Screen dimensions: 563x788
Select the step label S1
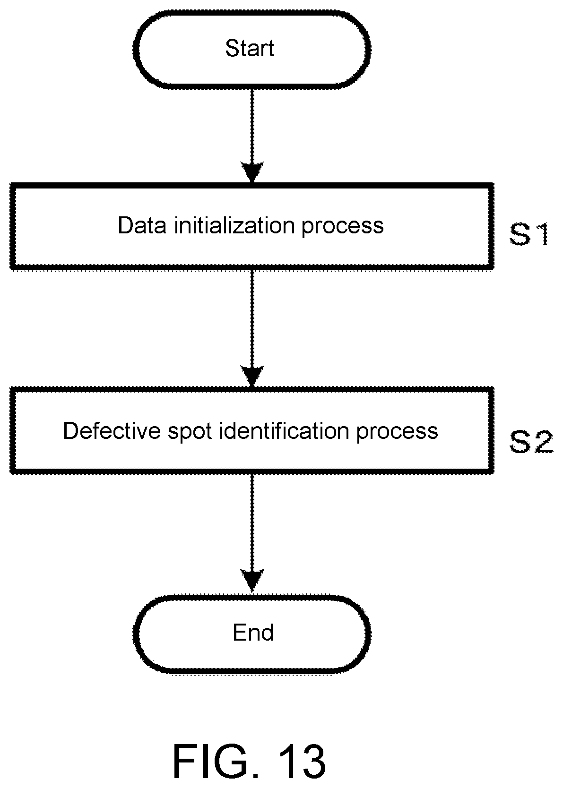529,234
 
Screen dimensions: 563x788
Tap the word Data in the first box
142,225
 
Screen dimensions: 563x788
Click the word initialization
234,225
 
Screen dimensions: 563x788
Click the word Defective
112,430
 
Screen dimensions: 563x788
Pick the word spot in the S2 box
190,433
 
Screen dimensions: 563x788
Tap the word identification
284,430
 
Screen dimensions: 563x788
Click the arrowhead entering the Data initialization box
252,171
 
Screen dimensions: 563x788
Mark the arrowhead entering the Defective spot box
252,376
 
